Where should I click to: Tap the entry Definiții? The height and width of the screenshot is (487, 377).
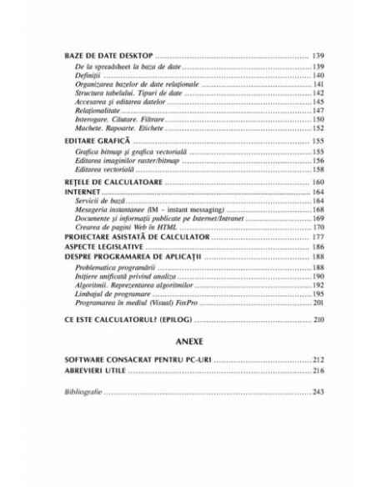click(x=87, y=75)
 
